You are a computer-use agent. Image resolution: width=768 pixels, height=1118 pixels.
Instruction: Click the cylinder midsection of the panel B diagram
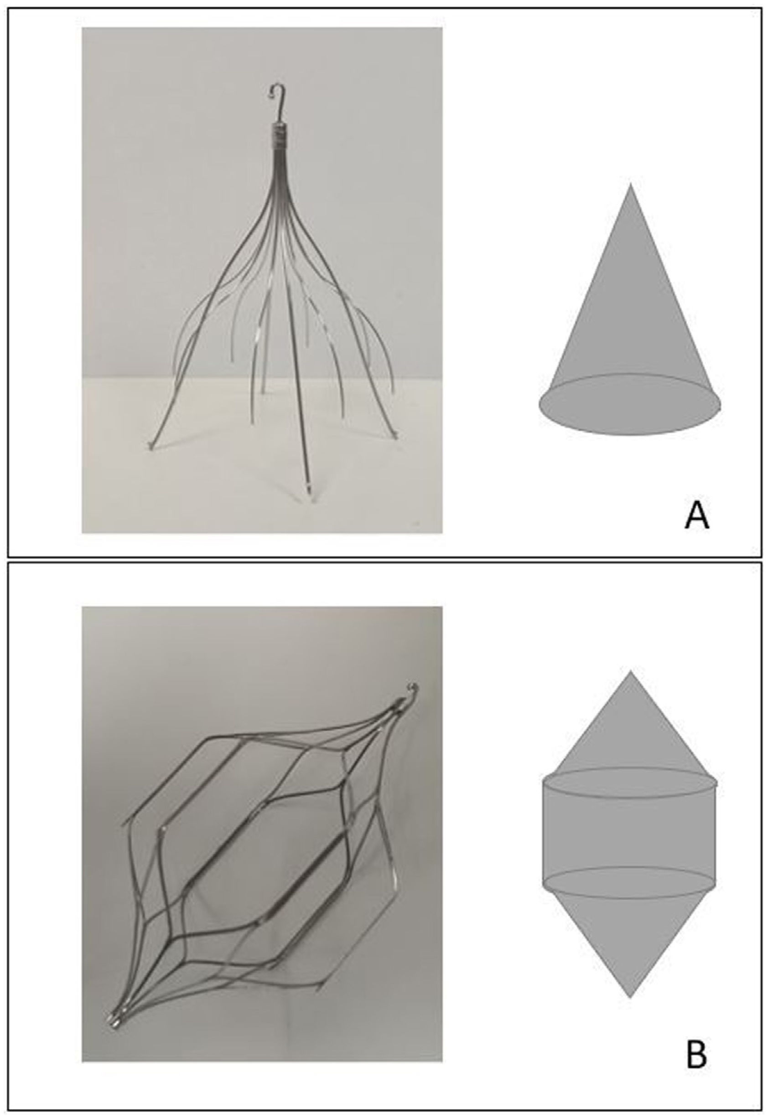[629, 826]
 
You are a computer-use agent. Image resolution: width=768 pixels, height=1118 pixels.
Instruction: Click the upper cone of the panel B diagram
[630, 731]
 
